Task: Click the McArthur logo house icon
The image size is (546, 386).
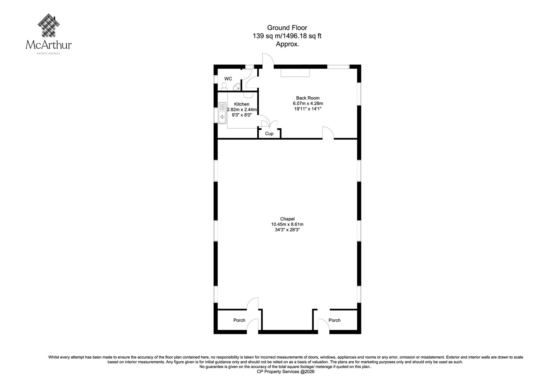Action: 49,26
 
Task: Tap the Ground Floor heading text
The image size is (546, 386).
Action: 287,28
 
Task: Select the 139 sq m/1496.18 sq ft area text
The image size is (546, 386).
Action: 287,36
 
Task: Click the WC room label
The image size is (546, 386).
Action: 228,79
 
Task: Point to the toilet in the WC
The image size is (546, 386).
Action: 224,86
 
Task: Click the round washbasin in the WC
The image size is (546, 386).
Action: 237,87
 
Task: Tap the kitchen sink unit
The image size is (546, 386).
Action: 222,113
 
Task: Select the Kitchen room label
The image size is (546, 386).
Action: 242,104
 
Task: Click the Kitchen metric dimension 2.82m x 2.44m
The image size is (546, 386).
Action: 242,110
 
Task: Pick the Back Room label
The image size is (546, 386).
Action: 307,98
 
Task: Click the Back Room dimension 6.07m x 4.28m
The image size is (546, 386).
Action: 307,103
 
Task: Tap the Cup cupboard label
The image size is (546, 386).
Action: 269,134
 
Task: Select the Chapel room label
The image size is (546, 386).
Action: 287,219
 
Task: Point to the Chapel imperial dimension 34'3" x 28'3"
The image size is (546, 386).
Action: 287,230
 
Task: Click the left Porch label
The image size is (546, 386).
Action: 239,320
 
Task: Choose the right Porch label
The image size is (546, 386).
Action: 334,320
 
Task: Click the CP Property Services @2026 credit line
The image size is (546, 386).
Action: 285,372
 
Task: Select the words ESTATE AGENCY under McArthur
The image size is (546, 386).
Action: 48,53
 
